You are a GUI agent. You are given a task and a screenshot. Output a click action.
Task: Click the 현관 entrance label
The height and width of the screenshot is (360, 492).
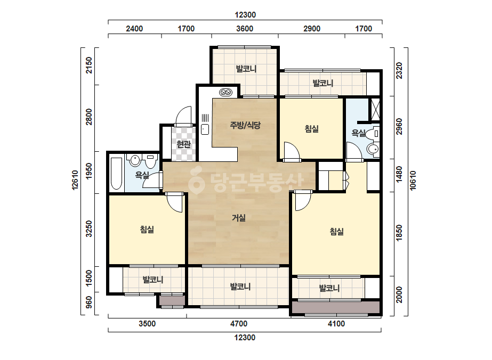click(x=183, y=144)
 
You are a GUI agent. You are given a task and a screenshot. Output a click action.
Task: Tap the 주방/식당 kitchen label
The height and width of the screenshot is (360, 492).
click(x=245, y=126)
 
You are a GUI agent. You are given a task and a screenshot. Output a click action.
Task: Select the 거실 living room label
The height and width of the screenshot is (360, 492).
click(x=239, y=218)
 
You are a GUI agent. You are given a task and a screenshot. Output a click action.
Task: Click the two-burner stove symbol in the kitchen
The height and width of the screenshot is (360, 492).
click(x=225, y=92)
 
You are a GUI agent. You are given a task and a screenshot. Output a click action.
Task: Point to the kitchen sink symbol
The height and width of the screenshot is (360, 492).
click(x=205, y=129)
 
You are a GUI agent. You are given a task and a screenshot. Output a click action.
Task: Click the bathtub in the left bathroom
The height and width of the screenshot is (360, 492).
click(x=116, y=174)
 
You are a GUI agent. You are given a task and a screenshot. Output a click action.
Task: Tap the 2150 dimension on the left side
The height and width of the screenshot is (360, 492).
click(x=89, y=65)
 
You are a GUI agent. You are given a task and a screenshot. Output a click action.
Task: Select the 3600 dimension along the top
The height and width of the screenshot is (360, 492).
click(x=245, y=29)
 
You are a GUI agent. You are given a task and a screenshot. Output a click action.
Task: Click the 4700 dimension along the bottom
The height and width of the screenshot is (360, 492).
click(x=239, y=324)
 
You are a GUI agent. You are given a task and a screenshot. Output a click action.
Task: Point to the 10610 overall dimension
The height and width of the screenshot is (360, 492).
click(x=413, y=180)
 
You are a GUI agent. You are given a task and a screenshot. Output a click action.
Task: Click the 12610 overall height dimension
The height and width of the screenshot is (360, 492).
click(x=75, y=180)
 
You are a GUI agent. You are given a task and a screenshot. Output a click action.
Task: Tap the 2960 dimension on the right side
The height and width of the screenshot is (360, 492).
click(x=399, y=126)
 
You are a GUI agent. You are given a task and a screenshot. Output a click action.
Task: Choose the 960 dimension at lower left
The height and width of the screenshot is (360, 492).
click(x=89, y=302)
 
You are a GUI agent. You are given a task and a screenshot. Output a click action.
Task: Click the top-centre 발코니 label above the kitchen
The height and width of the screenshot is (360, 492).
click(x=246, y=69)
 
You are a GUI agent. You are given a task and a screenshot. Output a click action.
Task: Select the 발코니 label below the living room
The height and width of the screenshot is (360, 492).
click(x=240, y=287)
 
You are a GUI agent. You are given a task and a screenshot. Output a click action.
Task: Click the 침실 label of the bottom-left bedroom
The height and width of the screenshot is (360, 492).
click(x=147, y=230)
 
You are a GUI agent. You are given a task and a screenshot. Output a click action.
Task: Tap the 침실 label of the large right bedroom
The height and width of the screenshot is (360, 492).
click(x=337, y=232)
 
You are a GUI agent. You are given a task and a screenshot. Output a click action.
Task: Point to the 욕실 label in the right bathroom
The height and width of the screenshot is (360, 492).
click(x=358, y=133)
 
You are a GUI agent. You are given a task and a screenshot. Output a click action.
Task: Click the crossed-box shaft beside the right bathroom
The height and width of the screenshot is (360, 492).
click(x=376, y=109)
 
